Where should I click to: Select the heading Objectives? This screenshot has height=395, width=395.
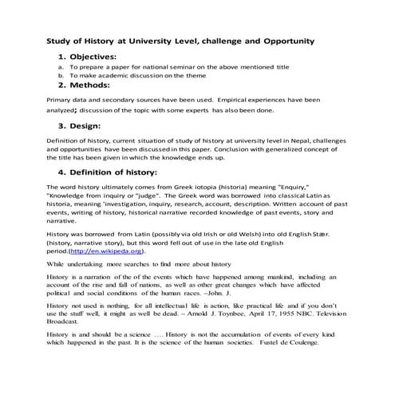click(x=93, y=57)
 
